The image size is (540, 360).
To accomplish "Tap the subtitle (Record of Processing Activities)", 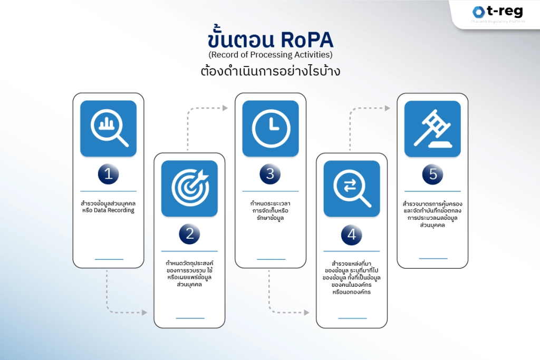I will point(270,54).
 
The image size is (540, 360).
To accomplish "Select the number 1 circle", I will point(108,174).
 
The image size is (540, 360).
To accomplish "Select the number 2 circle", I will point(189,235).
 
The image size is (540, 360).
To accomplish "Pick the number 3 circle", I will point(270,174).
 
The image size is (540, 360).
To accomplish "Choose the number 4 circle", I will point(352,235).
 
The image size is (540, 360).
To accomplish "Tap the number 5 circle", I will point(432,174).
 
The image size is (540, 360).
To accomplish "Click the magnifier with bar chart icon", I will point(109,129).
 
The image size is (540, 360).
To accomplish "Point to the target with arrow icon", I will point(190,189).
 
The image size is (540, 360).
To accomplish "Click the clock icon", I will point(271,129).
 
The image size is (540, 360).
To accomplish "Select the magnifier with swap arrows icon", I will point(352,189).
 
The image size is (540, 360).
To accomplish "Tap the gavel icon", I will point(432,129).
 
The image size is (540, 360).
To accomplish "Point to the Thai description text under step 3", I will point(270,210).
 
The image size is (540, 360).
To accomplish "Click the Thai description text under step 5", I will point(432,214).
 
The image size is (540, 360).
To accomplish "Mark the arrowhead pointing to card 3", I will point(225,108).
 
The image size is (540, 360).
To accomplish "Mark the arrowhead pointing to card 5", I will point(388,108).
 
